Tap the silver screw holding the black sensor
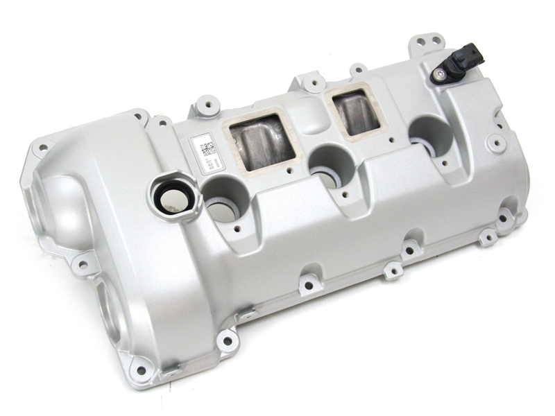pyautogui.click(x=441, y=72)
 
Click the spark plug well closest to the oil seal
pyautogui.click(x=226, y=200)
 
